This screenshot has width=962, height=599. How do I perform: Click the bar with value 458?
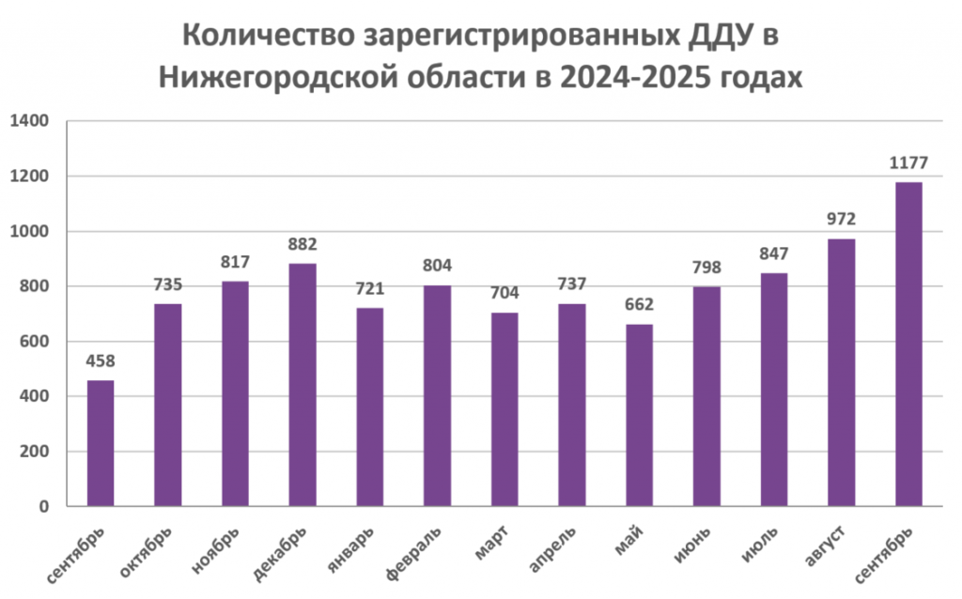pos(101,443)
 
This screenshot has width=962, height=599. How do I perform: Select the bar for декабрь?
pos(303,385)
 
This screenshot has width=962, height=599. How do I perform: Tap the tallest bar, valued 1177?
pos(908,344)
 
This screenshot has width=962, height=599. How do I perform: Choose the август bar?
pos(842,372)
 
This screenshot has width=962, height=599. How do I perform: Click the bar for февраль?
pos(437,395)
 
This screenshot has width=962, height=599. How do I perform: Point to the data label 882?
pos(303,245)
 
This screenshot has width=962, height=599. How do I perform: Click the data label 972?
pos(842,221)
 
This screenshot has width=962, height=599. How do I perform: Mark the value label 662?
pos(639,306)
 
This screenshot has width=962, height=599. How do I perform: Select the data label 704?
pos(504,294)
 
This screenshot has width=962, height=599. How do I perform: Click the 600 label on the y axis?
pos(35,342)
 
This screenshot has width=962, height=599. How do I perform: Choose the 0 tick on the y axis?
pos(43,507)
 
